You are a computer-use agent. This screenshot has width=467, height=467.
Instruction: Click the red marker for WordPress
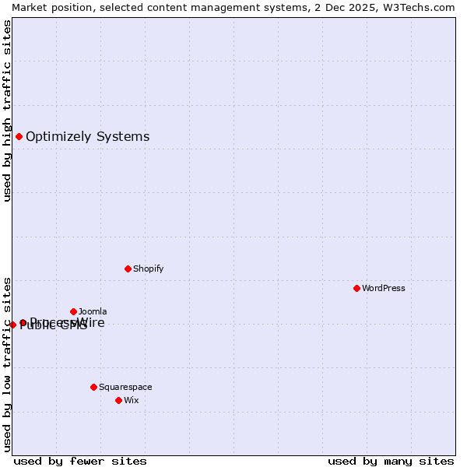coord(356,288)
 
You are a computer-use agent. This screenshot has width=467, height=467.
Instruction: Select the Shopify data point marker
coord(128,269)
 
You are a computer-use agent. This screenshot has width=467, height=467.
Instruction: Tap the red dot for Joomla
coord(73,311)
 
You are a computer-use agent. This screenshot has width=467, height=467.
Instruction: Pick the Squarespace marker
coord(93,387)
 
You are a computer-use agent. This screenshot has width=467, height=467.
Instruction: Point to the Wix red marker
coord(118,400)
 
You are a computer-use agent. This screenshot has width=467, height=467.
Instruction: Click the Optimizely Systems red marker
coord(19,137)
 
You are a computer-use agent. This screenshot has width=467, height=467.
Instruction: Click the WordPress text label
coord(384,288)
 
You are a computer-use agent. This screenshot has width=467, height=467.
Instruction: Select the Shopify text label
coord(148,269)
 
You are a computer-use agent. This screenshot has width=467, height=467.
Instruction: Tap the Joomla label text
coord(93,311)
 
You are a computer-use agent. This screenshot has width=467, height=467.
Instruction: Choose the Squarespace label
coord(125,387)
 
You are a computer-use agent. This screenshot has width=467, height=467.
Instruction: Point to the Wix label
coord(132,400)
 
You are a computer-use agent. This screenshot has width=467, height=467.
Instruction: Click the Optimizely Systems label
coord(87,137)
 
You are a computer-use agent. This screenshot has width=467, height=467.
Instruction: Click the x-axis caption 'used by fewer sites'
coord(80,461)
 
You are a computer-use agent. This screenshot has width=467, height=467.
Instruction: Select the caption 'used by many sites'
coord(391,461)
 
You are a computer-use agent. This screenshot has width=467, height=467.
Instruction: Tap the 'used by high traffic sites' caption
coord(7,111)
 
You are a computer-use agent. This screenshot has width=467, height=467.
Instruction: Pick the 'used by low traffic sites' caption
coord(7,363)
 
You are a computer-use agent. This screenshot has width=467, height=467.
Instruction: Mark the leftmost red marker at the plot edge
coord(12,325)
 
